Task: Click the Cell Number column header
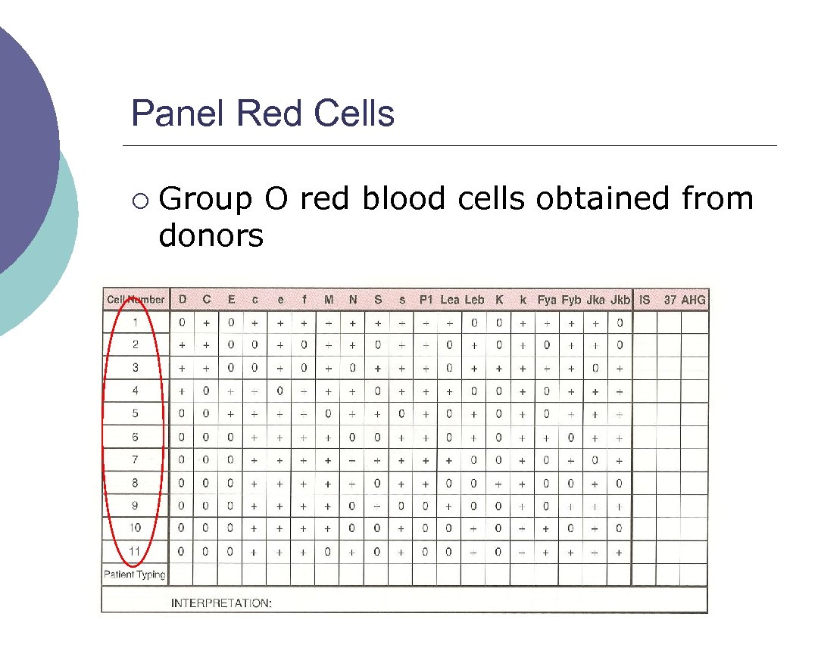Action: pyautogui.click(x=136, y=300)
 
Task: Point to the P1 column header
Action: pyautogui.click(x=426, y=300)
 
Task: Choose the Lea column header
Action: pyautogui.click(x=450, y=300)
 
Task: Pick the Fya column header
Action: pyautogui.click(x=547, y=300)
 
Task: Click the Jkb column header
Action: pyautogui.click(x=619, y=300)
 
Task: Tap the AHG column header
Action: pyautogui.click(x=693, y=300)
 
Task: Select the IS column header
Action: pyautogui.click(x=645, y=300)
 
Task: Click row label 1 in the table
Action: pyautogui.click(x=136, y=322)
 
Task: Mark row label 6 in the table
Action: pyautogui.click(x=136, y=437)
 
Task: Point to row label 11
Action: pyautogui.click(x=135, y=551)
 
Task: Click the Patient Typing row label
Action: pyautogui.click(x=135, y=575)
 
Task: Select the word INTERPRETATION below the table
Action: pyautogui.click(x=221, y=603)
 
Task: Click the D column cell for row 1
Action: pyautogui.click(x=182, y=322)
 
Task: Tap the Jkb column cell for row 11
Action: pyautogui.click(x=619, y=552)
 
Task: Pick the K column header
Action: pyautogui.click(x=499, y=300)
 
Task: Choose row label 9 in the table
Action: pyautogui.click(x=136, y=506)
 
